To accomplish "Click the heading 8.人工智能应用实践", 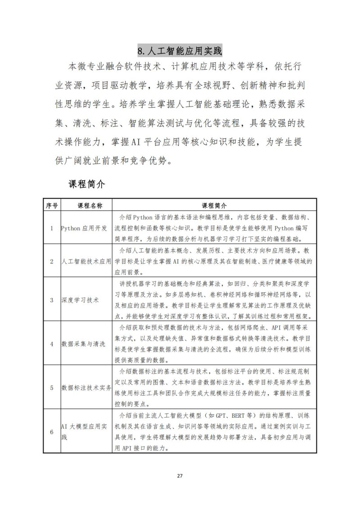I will [180, 49].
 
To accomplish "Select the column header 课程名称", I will [85, 205].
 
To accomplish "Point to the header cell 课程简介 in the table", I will [214, 205].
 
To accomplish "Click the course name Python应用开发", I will [85, 228].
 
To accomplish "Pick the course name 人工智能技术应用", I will [86, 261].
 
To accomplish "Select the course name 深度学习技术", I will [80, 299].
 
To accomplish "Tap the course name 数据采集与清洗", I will [83, 344].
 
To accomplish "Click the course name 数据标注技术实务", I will [86, 387].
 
